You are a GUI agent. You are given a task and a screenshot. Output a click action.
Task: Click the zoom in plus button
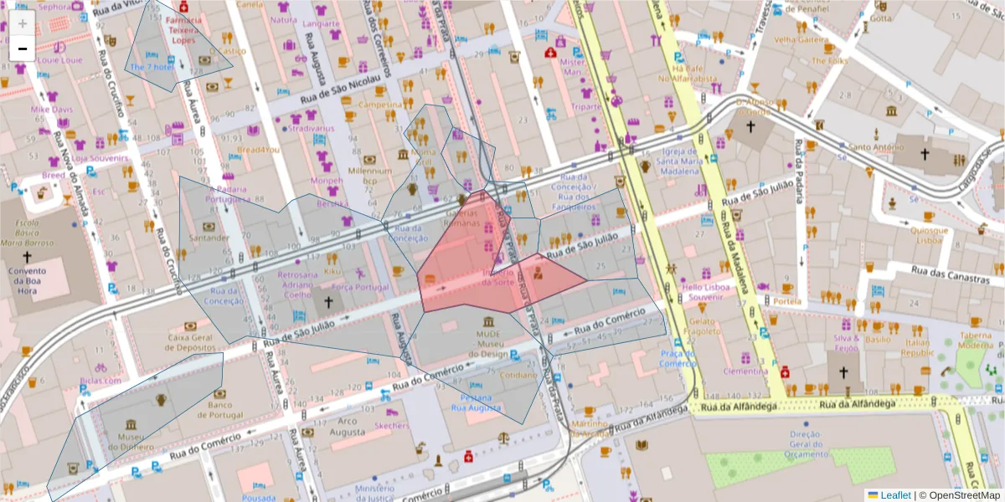(23, 23)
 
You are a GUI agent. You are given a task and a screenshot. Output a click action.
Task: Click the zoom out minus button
(23, 49)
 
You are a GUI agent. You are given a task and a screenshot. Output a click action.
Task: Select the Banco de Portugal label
(225, 410)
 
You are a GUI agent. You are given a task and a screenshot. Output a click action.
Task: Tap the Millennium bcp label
(370, 175)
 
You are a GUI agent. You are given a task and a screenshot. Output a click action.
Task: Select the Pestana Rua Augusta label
(476, 402)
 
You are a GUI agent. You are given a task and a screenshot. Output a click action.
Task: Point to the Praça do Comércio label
(678, 358)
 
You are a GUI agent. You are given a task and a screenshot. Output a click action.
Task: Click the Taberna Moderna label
(976, 340)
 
